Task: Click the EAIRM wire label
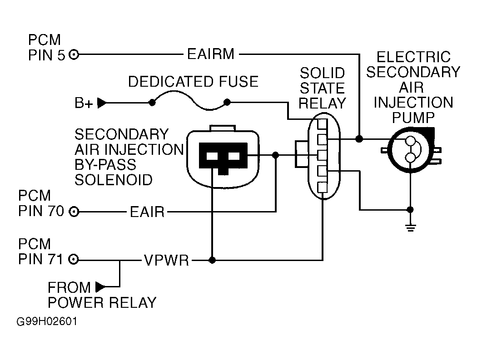210,54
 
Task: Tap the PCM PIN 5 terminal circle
74,55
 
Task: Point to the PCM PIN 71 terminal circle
74,260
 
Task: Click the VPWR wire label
166,260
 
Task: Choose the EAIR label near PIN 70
147,212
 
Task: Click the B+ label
84,103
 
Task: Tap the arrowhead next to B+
102,103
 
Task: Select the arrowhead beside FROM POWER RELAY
100,286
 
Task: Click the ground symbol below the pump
411,227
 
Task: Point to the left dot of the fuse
152,103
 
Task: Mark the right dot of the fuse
227,102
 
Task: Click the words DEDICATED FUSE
193,81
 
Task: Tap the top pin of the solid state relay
323,124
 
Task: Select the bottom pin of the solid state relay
323,187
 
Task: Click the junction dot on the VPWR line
212,260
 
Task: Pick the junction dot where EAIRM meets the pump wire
359,139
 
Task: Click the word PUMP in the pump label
413,118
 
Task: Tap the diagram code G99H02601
47,322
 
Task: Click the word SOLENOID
114,180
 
